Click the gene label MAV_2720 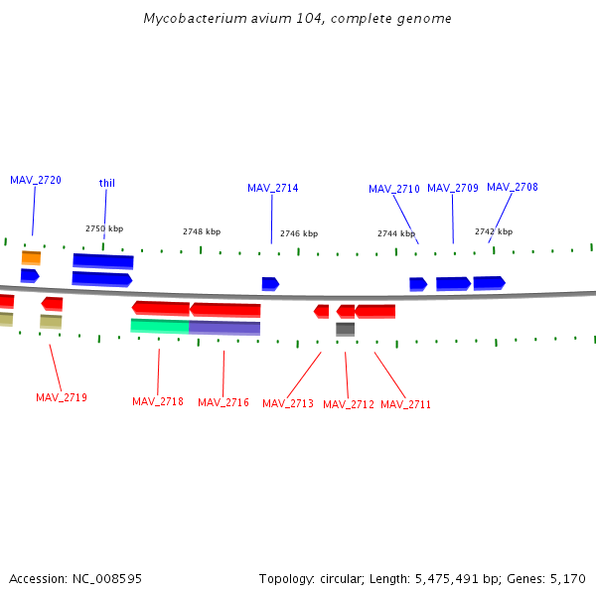click(x=36, y=180)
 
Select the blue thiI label click(x=107, y=183)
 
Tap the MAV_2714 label click(x=272, y=188)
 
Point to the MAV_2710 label click(x=394, y=189)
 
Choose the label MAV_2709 click(x=453, y=188)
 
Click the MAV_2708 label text click(x=513, y=187)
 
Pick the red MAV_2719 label click(x=62, y=397)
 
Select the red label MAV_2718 click(x=158, y=401)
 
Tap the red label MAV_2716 click(x=223, y=402)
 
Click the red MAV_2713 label click(x=288, y=403)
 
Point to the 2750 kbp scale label click(x=104, y=228)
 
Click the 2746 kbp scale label click(x=299, y=233)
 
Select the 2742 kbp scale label click(x=494, y=231)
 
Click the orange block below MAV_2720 click(x=32, y=257)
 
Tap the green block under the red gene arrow click(x=160, y=326)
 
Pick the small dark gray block click(x=345, y=329)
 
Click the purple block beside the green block click(x=224, y=328)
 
